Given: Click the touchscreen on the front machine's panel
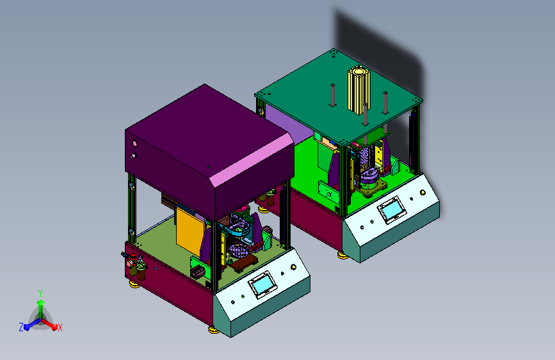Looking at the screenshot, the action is [x=262, y=284].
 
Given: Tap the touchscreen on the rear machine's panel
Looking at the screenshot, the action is [x=392, y=210].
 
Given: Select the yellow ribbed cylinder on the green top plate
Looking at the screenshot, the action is [x=359, y=91].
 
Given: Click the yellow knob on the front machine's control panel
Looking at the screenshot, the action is [x=293, y=267].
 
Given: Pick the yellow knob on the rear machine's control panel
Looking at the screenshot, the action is [x=422, y=192].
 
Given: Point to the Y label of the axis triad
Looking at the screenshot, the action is [x=40, y=293].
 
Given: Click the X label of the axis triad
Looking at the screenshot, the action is [x=60, y=328].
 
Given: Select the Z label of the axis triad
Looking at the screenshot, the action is [x=21, y=327].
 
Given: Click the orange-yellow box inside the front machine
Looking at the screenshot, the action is [x=190, y=231].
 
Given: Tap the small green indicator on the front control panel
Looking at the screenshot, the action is [x=243, y=296].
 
